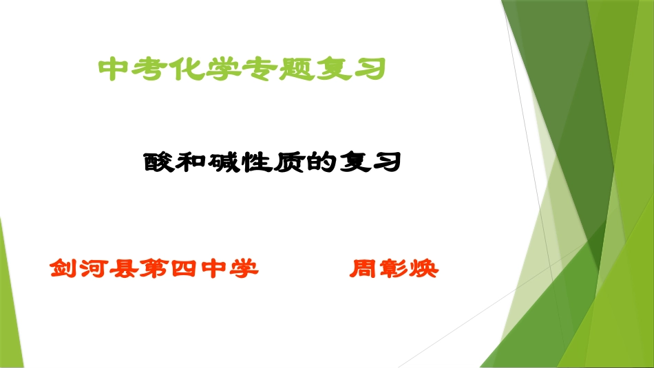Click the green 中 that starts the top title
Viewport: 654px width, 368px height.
click(x=115, y=69)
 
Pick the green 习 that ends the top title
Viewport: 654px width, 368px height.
click(x=366, y=69)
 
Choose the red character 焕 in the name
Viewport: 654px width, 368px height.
click(x=423, y=268)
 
